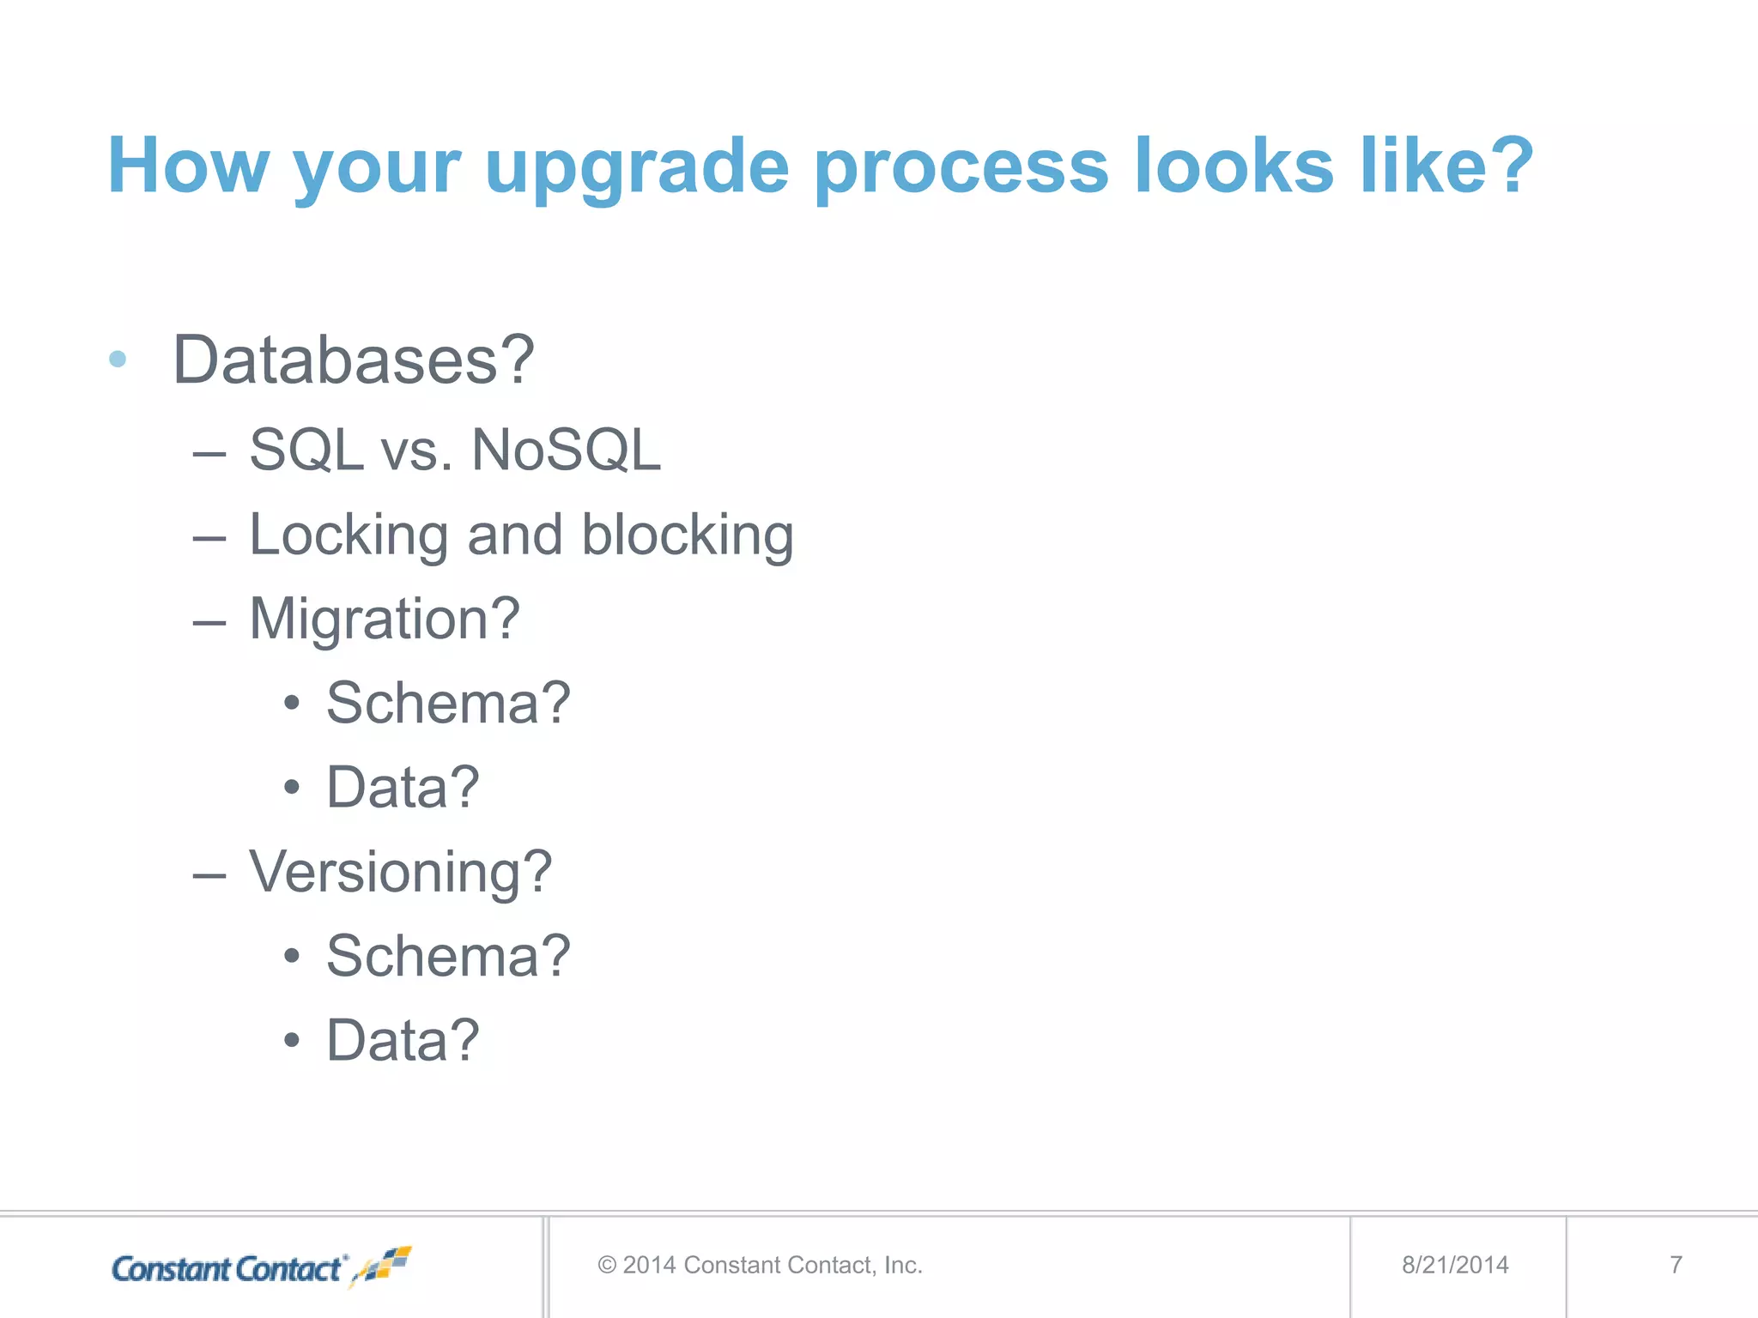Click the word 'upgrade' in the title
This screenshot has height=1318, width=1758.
pos(636,167)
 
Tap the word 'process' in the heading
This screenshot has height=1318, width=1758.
pos(961,167)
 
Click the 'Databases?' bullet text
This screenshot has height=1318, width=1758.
pos(353,360)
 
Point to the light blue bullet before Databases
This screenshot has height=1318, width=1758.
pos(118,360)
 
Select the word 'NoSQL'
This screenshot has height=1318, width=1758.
pos(567,450)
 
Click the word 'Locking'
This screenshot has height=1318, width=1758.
pos(349,535)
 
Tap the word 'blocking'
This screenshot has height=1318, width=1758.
pos(688,535)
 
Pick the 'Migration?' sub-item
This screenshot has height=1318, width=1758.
pos(385,619)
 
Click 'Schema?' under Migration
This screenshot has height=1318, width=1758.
pos(448,703)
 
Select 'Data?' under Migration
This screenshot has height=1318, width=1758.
pos(403,787)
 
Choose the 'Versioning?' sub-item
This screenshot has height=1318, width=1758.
pos(400,872)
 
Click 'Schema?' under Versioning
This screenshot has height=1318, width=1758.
pos(448,956)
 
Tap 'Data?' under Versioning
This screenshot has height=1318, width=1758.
pos(403,1040)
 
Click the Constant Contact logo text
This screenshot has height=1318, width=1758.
pos(228,1268)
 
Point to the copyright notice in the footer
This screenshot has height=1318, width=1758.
pos(760,1265)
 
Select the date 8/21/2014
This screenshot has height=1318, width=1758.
pos(1455,1265)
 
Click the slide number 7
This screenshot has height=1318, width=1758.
pos(1676,1265)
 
